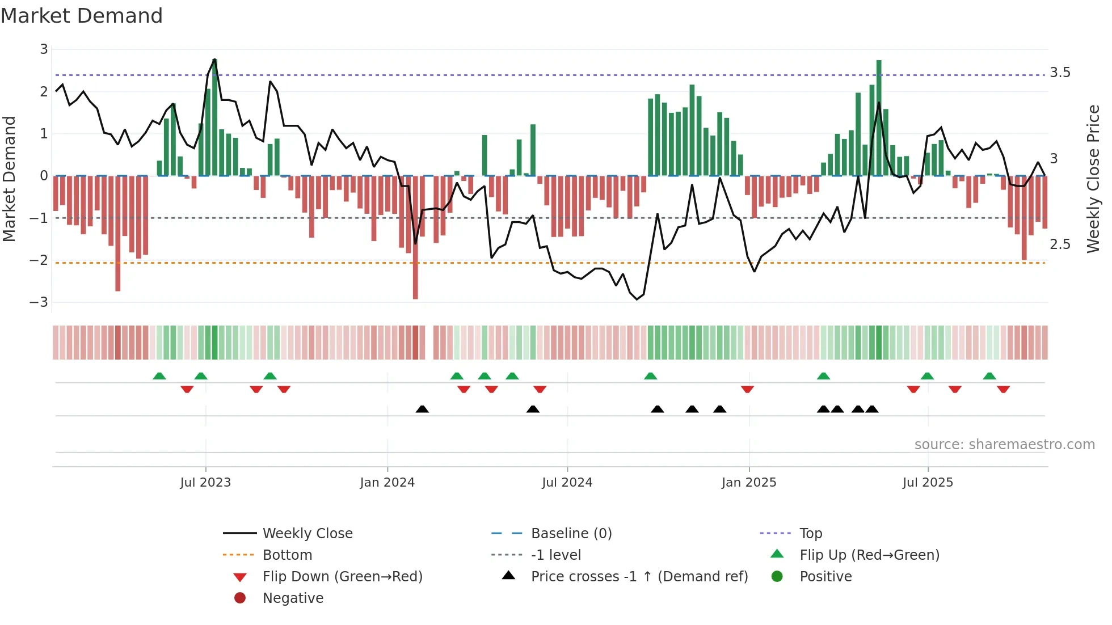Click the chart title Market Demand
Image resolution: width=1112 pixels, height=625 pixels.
click(x=82, y=16)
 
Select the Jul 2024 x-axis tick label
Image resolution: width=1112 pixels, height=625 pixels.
click(x=567, y=483)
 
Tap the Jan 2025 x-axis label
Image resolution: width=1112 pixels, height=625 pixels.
click(x=748, y=483)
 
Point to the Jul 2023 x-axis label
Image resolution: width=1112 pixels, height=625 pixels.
click(x=205, y=483)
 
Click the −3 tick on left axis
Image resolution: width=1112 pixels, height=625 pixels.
click(x=39, y=302)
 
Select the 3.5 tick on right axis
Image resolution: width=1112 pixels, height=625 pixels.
click(x=1060, y=73)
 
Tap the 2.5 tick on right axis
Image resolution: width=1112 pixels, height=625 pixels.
click(x=1060, y=244)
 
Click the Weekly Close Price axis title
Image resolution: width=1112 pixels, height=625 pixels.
click(x=1093, y=179)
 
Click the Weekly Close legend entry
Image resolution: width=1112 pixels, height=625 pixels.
click(x=308, y=534)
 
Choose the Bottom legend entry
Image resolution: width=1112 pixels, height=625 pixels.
click(x=287, y=555)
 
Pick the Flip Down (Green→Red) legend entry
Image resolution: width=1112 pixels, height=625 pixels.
click(x=342, y=577)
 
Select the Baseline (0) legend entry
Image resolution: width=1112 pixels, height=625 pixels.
click(x=571, y=534)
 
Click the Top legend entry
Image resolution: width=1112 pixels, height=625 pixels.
click(x=811, y=534)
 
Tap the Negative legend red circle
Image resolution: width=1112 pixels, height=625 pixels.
click(x=240, y=598)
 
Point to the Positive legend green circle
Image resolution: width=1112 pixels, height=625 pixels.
click(x=777, y=577)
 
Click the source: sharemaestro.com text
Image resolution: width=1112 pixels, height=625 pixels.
click(x=1004, y=445)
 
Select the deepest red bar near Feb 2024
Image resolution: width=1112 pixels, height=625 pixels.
click(x=415, y=238)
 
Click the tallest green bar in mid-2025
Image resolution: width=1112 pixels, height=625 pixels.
click(x=879, y=118)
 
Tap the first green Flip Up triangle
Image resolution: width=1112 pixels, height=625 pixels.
click(x=159, y=376)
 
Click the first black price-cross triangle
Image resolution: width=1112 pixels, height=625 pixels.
click(x=422, y=409)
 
